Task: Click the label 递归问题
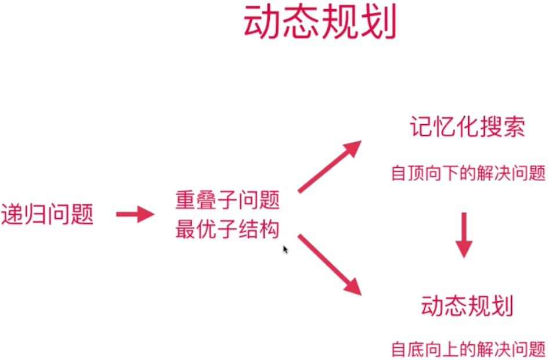tap(47, 215)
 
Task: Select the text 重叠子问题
tap(227, 201)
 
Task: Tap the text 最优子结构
tap(227, 230)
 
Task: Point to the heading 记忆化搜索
tap(467, 127)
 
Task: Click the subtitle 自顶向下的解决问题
tap(468, 173)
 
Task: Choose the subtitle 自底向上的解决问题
tap(468, 350)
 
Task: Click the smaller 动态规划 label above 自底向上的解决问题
tap(467, 305)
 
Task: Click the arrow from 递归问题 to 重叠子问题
tap(136, 215)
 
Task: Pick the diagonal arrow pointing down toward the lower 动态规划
tap(329, 264)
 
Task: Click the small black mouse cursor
tap(285, 250)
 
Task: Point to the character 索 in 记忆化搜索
tap(514, 127)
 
